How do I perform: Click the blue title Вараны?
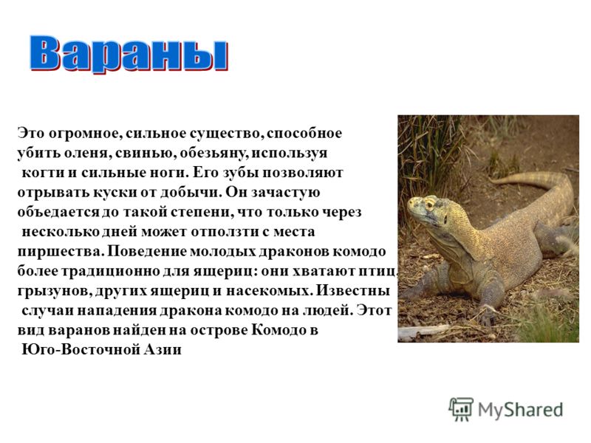129,54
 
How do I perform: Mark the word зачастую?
285,193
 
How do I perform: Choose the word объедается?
58,212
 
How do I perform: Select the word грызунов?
53,291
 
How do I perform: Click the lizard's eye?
429,205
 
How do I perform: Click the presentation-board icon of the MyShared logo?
460,409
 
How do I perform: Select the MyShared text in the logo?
521,410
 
